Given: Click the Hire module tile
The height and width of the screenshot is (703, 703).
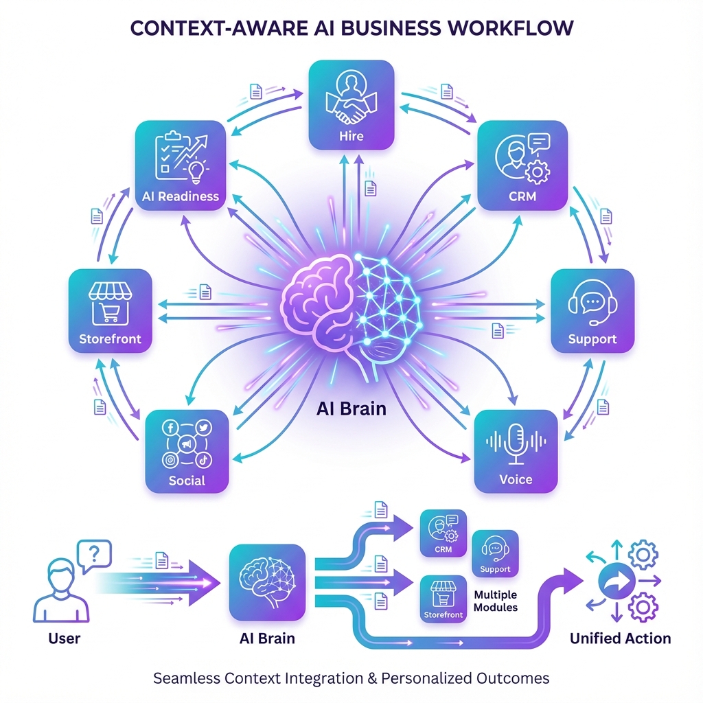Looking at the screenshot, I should [x=351, y=104].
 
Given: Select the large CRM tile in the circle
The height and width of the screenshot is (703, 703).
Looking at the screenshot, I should [x=522, y=165].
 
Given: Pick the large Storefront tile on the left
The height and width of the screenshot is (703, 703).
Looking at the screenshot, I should [x=110, y=310].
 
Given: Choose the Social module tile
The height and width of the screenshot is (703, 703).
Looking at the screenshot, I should [x=187, y=451].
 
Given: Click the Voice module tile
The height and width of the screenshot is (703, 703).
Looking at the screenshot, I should [x=516, y=451].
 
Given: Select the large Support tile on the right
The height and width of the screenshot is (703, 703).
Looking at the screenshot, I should [x=592, y=310].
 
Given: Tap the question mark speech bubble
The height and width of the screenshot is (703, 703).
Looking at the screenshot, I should [x=94, y=553].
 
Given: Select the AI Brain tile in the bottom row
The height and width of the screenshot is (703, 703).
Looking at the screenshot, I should [x=267, y=583].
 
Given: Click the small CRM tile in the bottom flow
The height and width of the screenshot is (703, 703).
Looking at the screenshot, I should [x=443, y=533].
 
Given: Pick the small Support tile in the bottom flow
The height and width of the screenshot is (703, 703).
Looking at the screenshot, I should [x=495, y=553].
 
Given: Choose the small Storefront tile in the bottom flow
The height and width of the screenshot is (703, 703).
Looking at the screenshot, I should [x=443, y=599].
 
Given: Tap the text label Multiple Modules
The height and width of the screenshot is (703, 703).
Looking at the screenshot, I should [x=496, y=601].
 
